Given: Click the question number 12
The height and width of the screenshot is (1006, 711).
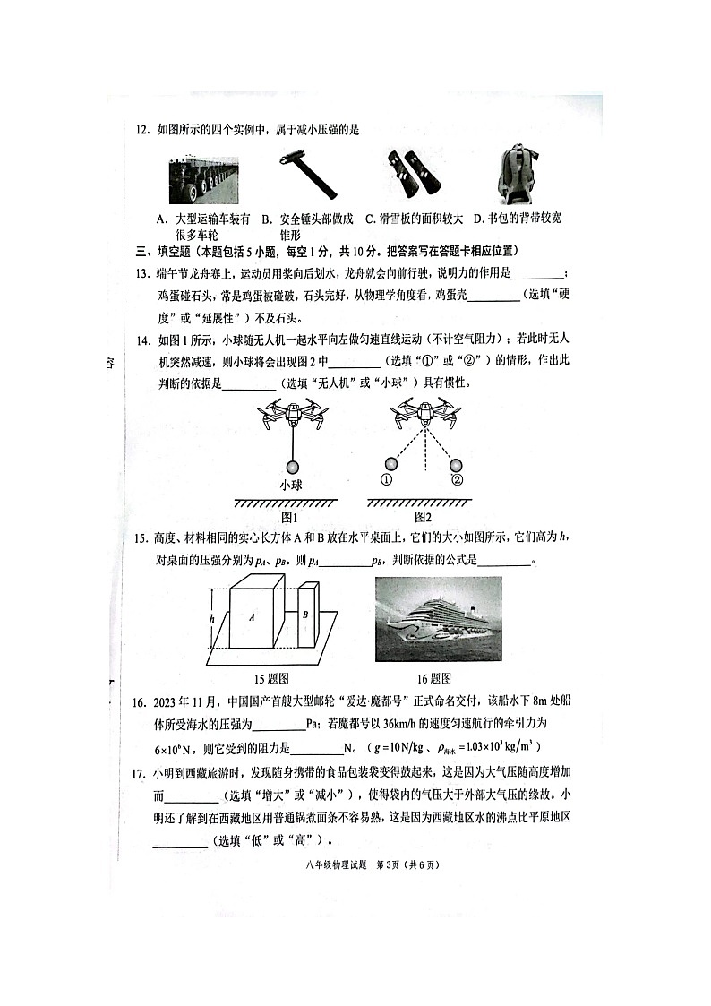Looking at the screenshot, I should coord(141,130).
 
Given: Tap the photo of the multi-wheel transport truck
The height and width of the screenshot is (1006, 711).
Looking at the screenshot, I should coord(203,180).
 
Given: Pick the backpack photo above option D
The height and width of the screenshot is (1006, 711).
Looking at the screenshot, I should coord(518,176).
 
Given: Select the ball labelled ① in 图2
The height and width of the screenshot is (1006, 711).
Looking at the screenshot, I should coord(390,463).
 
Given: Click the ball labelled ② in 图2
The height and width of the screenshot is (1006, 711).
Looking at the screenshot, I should coord(456,463).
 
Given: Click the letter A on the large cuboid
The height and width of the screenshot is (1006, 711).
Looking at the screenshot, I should coord(253,617).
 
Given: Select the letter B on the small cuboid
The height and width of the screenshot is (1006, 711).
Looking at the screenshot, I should coord(305,615).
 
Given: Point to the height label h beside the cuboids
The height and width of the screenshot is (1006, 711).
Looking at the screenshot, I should coord(211,618).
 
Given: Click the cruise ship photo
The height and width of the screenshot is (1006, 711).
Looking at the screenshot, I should coord(438,618).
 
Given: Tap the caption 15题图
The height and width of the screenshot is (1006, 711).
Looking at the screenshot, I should coord(270,678).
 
